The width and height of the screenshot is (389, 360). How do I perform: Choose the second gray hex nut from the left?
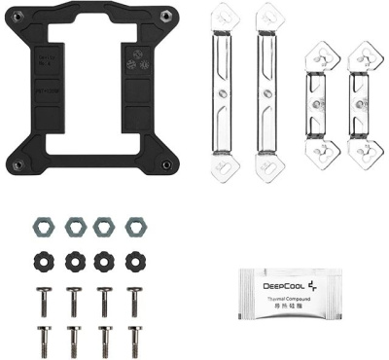pyautogui.click(x=75, y=228)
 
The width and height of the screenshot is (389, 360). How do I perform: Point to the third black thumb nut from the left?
pyautogui.click(x=104, y=262)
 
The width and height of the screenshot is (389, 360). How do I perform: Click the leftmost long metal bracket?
pyautogui.click(x=229, y=92)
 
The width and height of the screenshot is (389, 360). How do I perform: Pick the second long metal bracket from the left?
pyautogui.click(x=268, y=92)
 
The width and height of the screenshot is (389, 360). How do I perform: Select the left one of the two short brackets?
pyautogui.click(x=318, y=100)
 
